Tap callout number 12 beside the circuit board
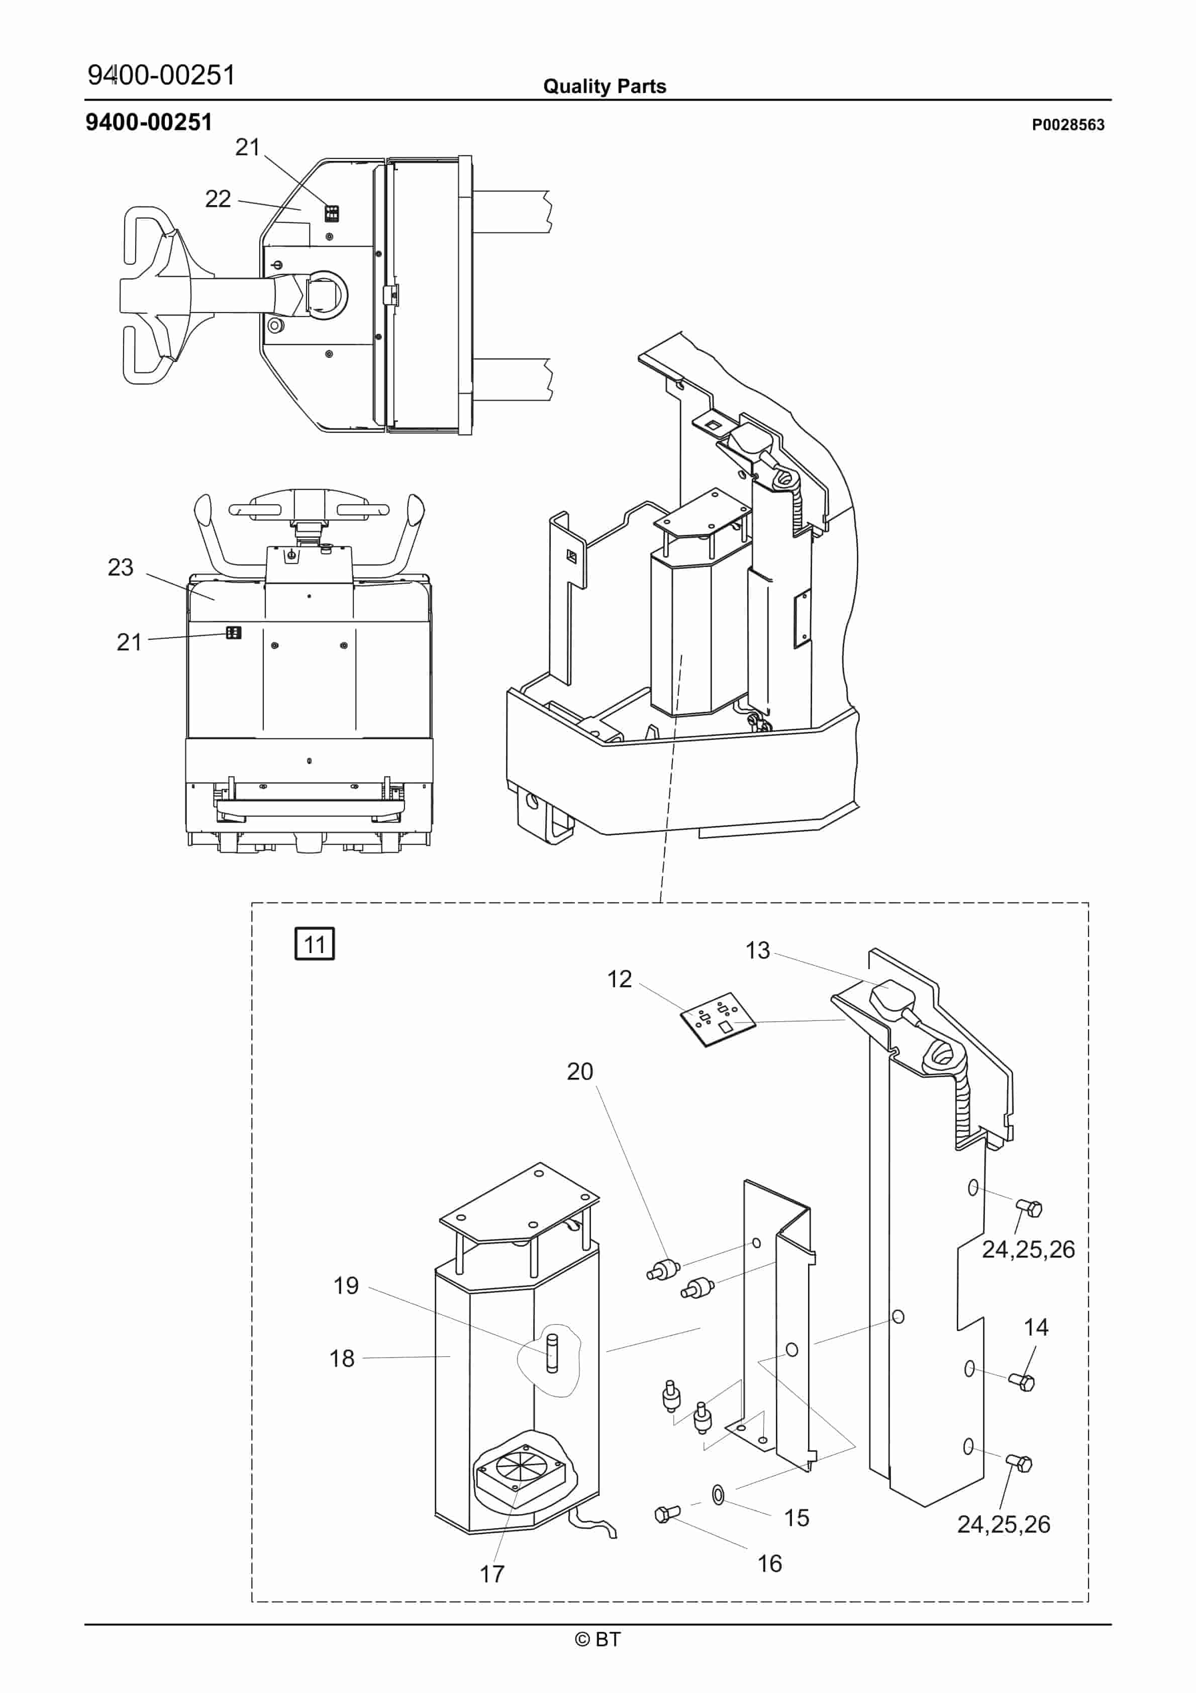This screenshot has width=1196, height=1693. coord(620,979)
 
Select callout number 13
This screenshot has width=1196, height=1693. coord(757,951)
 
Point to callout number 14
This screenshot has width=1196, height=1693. coord(1036,1327)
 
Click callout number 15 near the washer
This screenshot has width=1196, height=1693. coord(796,1518)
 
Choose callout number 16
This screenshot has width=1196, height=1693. coord(770,1563)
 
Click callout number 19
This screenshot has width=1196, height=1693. coord(346,1286)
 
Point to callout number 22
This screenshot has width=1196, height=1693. coord(218,199)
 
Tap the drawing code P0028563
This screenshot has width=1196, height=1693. coord(1068,125)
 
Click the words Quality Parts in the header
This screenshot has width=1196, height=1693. coord(605,86)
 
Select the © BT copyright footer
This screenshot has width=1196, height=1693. coord(598,1639)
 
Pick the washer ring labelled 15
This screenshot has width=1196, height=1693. coord(718,1494)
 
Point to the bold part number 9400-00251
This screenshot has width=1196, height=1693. coord(148,122)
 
